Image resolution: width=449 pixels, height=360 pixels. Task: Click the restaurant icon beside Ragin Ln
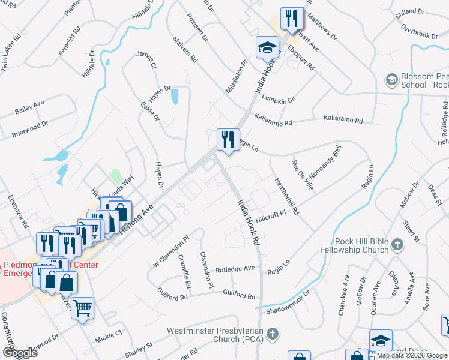[228, 139]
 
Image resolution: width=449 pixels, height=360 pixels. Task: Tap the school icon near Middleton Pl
[267, 48]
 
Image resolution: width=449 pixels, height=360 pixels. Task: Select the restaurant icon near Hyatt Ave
[292, 18]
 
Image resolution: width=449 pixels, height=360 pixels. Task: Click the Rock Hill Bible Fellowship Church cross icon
[397, 244]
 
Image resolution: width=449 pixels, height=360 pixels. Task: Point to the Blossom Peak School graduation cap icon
[392, 80]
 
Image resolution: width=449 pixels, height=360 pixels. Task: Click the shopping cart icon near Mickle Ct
[83, 308]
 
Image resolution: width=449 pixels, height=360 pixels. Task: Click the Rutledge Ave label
[236, 269]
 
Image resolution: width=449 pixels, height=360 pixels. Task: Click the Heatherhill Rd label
[286, 196]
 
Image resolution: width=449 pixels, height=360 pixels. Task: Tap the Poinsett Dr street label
[197, 28]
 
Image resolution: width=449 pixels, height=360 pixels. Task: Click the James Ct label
[146, 59]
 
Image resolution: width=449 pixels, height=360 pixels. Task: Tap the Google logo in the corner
[19, 353]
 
